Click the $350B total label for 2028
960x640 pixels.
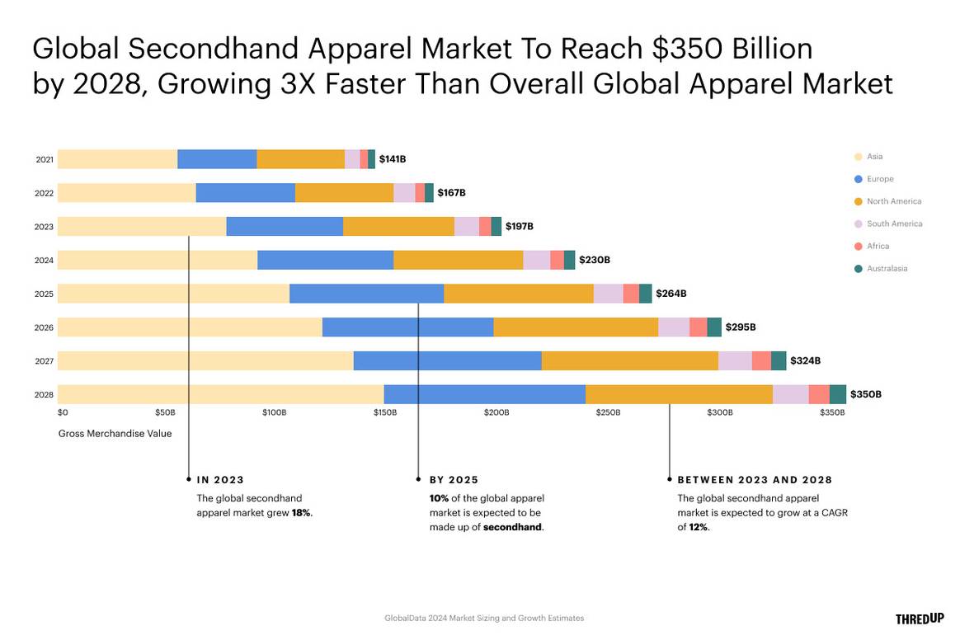(x=865, y=394)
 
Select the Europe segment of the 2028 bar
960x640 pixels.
(x=484, y=394)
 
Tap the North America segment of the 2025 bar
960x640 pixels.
(x=518, y=294)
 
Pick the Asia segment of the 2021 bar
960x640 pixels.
(x=117, y=159)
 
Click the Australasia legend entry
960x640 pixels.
(x=887, y=268)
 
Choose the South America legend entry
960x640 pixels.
(x=894, y=224)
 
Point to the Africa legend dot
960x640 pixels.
(x=858, y=246)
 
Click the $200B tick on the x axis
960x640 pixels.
(x=496, y=412)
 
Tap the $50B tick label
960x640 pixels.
(x=165, y=412)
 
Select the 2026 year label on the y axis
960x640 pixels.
(x=44, y=327)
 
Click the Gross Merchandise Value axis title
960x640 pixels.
(x=115, y=433)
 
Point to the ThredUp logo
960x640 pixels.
(x=919, y=619)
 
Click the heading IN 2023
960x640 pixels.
(x=220, y=479)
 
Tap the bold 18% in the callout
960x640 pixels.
(x=301, y=512)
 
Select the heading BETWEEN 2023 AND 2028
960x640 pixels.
(x=755, y=479)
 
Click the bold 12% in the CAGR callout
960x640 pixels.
(x=698, y=527)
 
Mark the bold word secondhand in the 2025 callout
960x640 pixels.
(x=512, y=527)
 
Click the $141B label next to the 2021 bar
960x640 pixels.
(x=392, y=159)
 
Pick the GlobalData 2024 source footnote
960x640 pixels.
(x=483, y=618)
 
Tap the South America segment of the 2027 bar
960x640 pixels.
(x=735, y=361)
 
